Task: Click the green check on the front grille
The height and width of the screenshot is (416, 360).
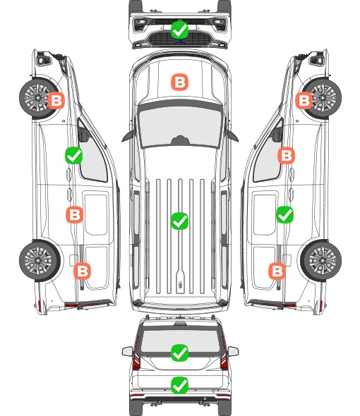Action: (x=179, y=30)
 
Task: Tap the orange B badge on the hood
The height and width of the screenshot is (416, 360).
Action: (x=179, y=82)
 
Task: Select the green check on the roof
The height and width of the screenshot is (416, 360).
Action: (x=179, y=221)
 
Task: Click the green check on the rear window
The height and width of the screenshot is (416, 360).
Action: (x=179, y=353)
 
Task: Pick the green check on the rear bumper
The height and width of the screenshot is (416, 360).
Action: (x=179, y=385)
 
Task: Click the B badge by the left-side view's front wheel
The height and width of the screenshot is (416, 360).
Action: (x=56, y=100)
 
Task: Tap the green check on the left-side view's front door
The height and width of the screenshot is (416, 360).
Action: (x=74, y=155)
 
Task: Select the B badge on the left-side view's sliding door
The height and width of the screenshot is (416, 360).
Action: (x=74, y=214)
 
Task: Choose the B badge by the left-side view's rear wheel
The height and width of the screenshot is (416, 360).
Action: (x=82, y=271)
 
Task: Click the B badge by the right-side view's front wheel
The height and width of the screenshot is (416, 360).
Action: (x=304, y=100)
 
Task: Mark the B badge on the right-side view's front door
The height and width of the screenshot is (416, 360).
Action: (x=286, y=155)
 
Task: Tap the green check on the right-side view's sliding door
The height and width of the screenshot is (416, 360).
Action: (x=285, y=214)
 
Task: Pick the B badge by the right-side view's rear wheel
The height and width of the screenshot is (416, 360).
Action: (x=277, y=271)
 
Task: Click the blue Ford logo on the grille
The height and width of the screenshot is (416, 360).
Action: (x=179, y=41)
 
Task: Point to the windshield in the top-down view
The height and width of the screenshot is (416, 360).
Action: (x=180, y=127)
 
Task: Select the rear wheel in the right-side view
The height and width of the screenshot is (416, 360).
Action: (x=321, y=261)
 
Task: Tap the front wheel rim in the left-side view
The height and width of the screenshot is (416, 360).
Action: (x=37, y=97)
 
